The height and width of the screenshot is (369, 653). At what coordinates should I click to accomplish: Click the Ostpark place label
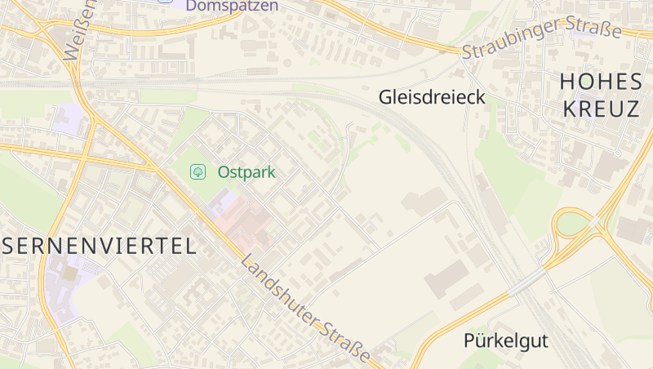tap(247, 172)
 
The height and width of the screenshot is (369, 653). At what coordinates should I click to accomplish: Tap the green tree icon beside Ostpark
tap(197, 171)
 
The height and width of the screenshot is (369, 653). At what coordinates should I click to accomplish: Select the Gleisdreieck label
tap(432, 97)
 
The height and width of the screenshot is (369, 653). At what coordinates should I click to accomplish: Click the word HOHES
tap(601, 82)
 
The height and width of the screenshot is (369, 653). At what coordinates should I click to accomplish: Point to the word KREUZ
tap(601, 109)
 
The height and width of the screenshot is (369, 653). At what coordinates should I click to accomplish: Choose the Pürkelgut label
tap(506, 340)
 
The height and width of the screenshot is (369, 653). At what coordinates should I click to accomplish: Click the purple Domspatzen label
tap(232, 6)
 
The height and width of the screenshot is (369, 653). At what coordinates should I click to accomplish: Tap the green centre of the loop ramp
tap(573, 223)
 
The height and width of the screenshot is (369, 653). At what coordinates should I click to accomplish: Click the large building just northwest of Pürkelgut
tap(446, 278)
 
